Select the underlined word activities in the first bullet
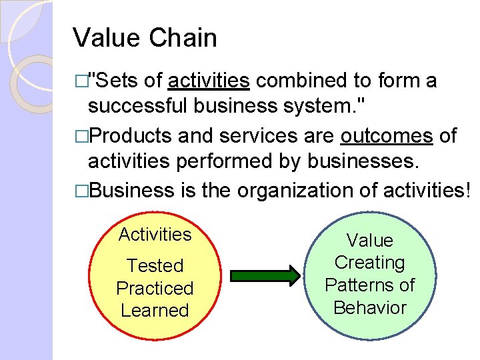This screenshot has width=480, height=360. pyautogui.click(x=209, y=81)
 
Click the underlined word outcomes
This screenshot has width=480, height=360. pyautogui.click(x=386, y=136)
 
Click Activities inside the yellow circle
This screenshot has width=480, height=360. pyautogui.click(x=155, y=235)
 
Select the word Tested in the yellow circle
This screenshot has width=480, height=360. pyautogui.click(x=155, y=266)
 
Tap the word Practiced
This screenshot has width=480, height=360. pyautogui.click(x=155, y=289)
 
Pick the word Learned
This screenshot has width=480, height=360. pyautogui.click(x=155, y=311)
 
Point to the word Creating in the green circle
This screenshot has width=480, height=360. pyautogui.click(x=370, y=263)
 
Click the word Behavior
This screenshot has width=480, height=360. pyautogui.click(x=370, y=308)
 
